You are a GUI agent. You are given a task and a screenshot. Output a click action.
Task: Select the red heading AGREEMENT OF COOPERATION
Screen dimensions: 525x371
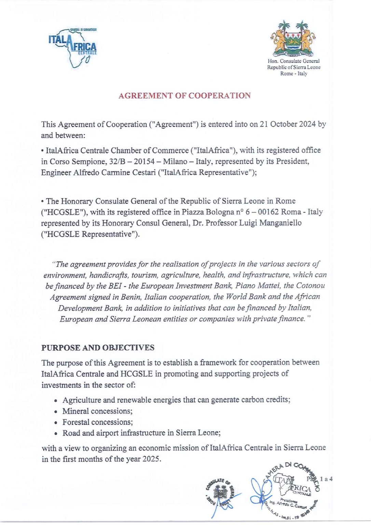point(184,96)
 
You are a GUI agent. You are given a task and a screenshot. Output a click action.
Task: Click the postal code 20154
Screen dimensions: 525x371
point(147,161)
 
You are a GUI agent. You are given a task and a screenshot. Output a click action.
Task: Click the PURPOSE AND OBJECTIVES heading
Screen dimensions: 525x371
point(98,348)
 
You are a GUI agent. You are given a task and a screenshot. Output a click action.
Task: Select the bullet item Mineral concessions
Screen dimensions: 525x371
point(97,411)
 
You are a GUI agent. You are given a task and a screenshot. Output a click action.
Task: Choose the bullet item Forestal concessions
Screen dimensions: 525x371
point(98,422)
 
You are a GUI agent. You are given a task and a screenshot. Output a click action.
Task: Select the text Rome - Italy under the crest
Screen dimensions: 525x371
point(293,73)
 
